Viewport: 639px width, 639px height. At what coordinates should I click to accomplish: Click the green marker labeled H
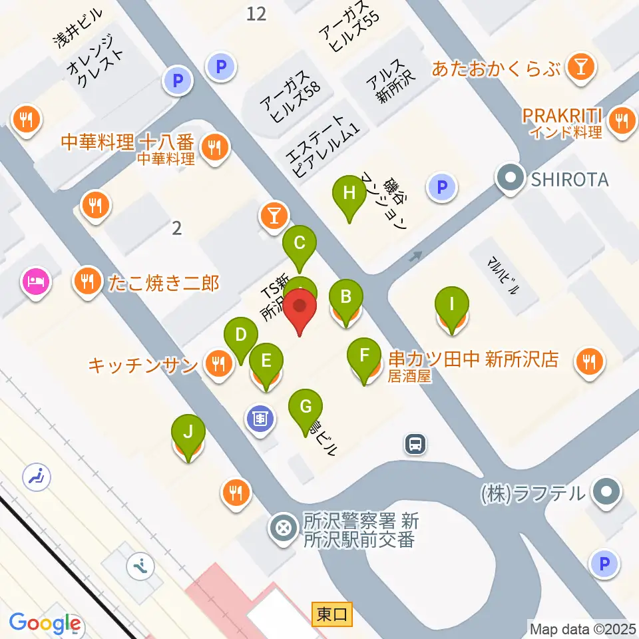coord(348,194)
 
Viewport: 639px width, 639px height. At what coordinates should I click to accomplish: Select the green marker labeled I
coord(452,306)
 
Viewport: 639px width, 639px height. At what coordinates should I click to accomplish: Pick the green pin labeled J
coord(188,433)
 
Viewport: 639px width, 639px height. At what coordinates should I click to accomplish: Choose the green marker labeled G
coord(306,406)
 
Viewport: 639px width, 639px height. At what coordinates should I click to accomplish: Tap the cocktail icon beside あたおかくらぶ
coord(582,67)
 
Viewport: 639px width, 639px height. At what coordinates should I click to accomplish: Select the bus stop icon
coord(415,443)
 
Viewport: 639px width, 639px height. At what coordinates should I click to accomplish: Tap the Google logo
coord(45,624)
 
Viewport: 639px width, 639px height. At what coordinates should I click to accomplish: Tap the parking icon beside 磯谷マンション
coord(441,187)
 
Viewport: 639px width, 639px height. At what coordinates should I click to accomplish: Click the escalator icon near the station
coord(140,567)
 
